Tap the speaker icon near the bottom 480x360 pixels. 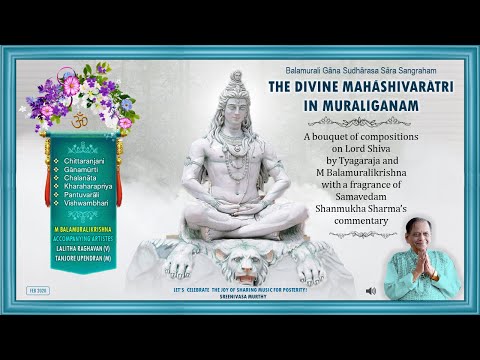(372, 291)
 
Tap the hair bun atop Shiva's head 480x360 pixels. (235, 77)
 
